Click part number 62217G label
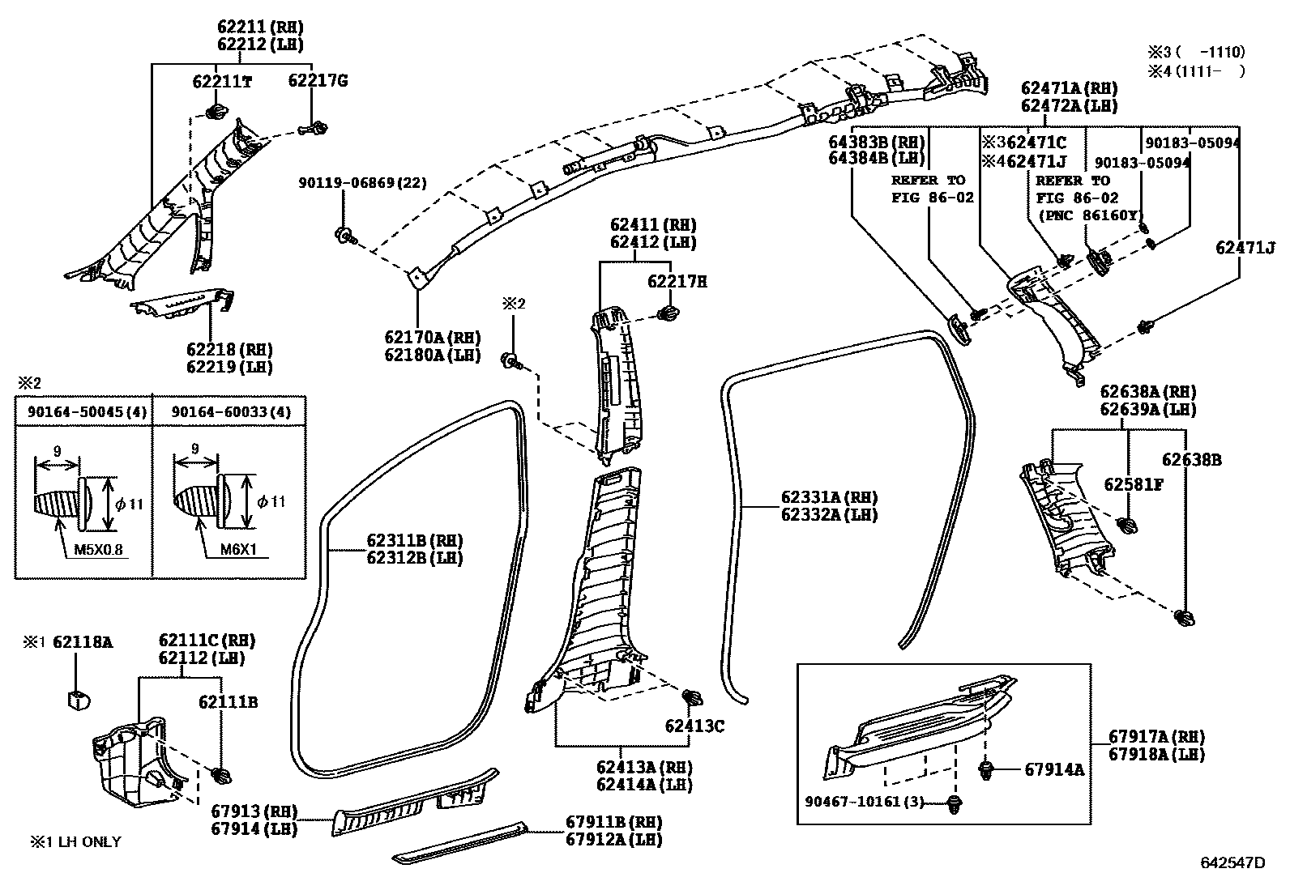(318, 81)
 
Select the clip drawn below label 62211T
(216, 112)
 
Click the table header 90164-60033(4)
(229, 412)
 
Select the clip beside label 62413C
(694, 698)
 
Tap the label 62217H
(677, 282)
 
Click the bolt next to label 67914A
(987, 769)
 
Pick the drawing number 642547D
(1232, 862)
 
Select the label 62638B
(1192, 460)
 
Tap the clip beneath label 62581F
(1126, 524)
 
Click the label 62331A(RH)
(829, 497)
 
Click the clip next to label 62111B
(220, 775)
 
